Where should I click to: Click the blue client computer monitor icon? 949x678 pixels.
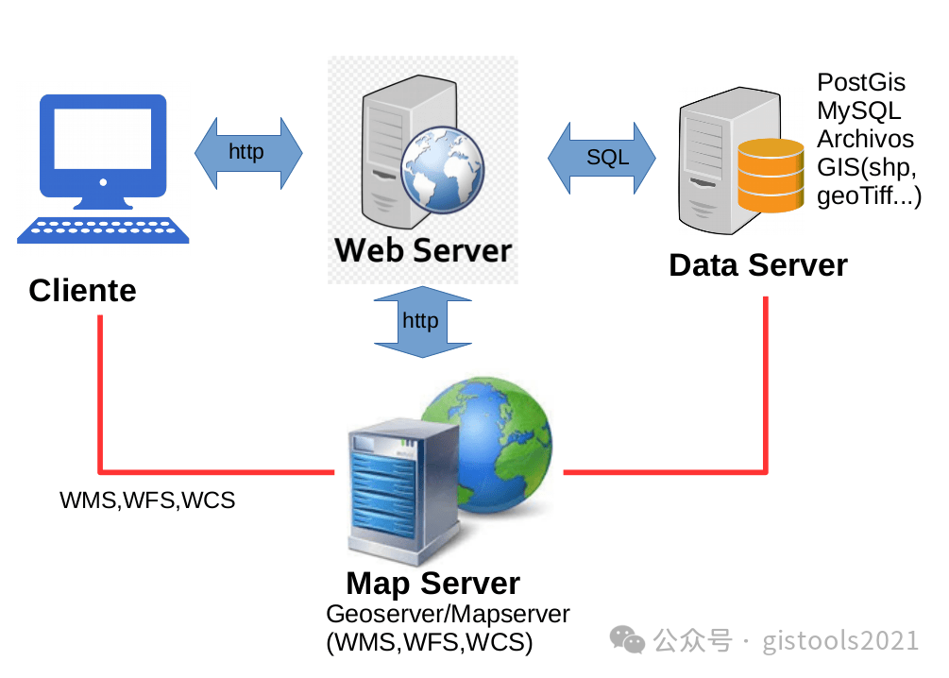coord(103,151)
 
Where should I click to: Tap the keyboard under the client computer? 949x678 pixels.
coord(103,229)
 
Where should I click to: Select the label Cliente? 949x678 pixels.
coord(82,290)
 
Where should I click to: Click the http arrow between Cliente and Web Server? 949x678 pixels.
coord(247,152)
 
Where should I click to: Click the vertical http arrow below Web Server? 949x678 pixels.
coord(420,322)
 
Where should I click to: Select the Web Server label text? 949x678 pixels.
coord(422,250)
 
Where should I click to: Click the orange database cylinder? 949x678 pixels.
coord(770,176)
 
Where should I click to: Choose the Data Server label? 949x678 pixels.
coord(757,265)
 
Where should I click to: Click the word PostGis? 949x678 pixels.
coord(860,83)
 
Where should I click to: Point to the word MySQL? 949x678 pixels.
coord(858,110)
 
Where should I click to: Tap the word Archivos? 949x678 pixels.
coord(865,139)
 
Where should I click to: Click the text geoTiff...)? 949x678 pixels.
coord(868,195)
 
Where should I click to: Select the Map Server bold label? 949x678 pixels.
coord(432,584)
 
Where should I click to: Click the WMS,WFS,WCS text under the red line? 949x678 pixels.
coord(147,500)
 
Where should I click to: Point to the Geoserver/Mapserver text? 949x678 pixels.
coord(448,615)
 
